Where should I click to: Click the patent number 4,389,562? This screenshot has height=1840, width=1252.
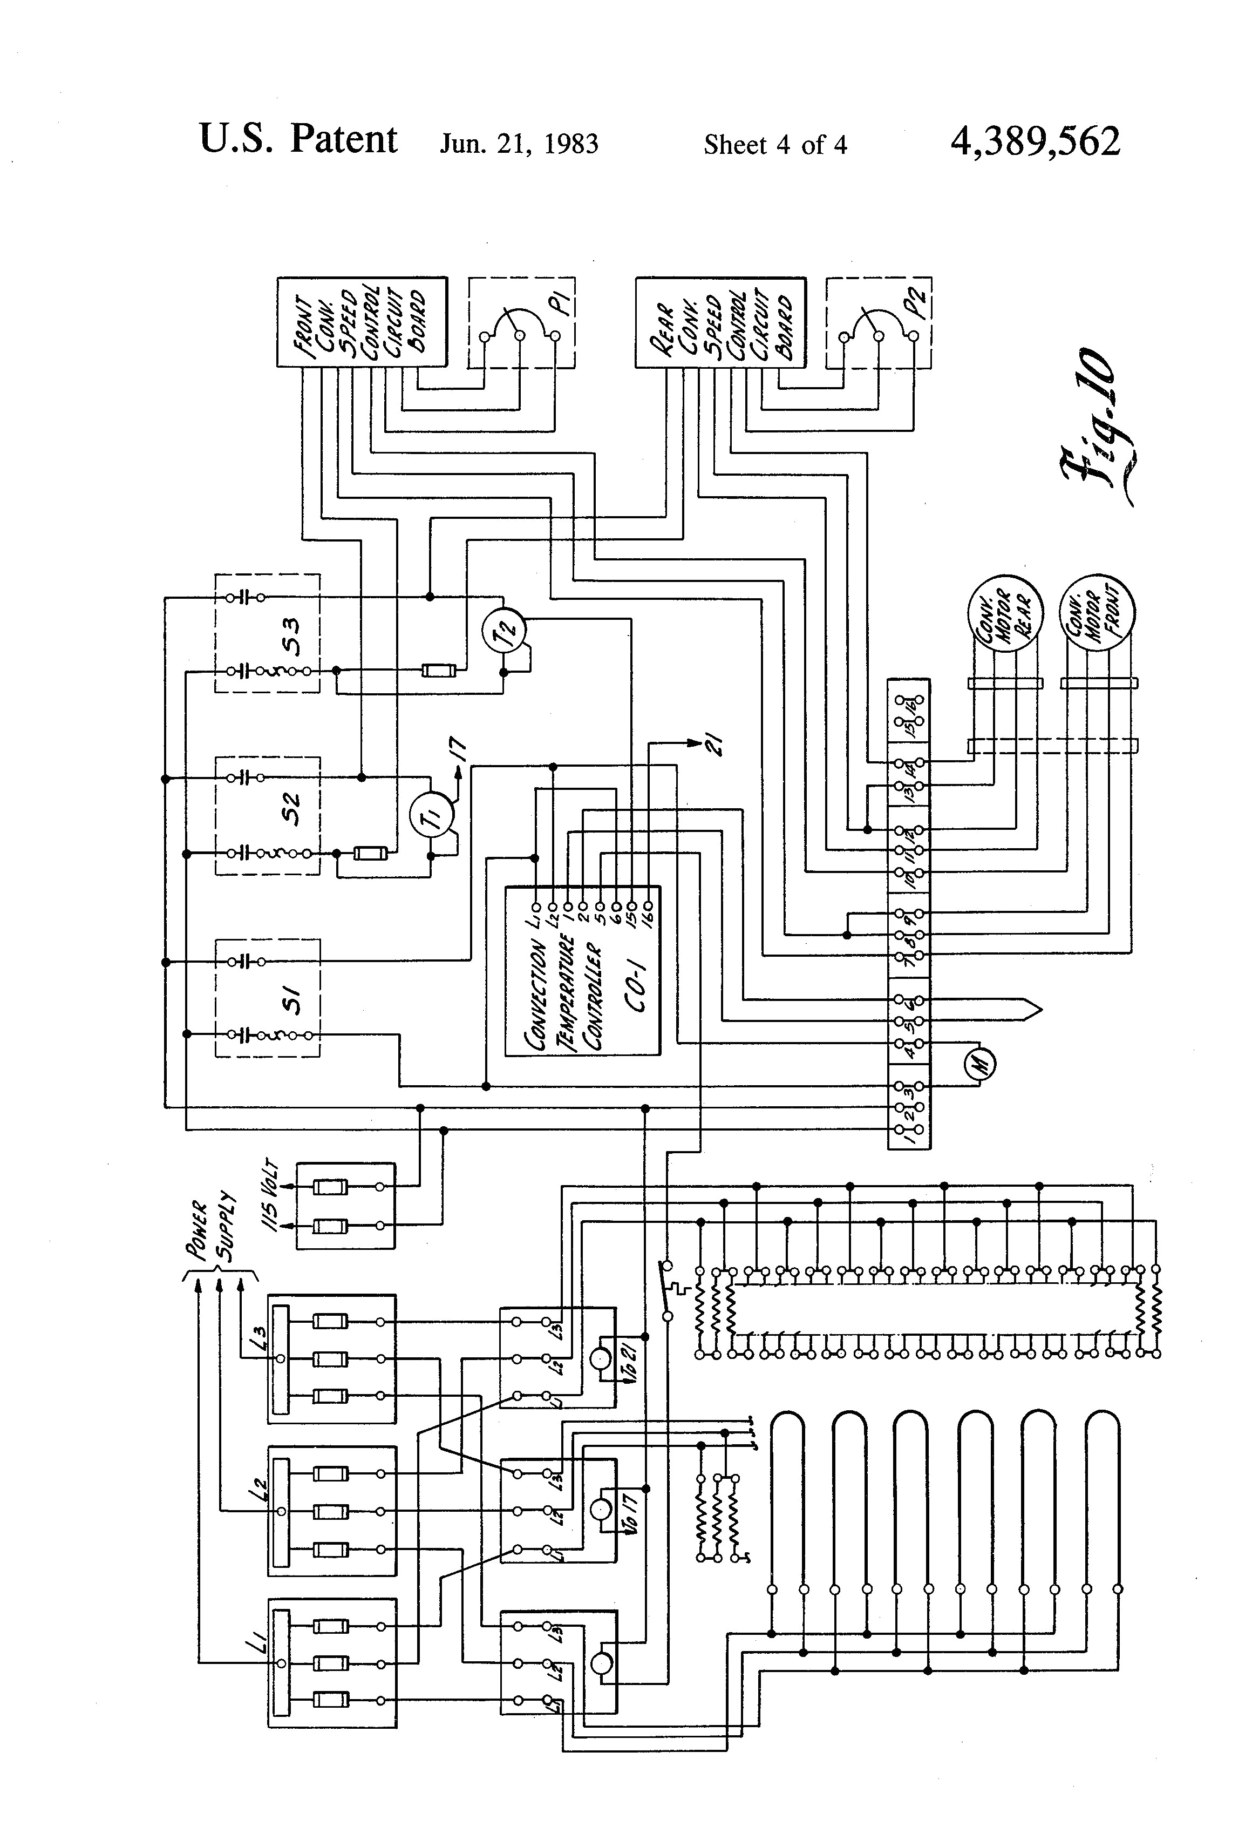(x=1035, y=143)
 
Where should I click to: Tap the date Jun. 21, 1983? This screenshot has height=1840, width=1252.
(x=519, y=144)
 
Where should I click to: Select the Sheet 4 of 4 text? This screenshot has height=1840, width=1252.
(x=775, y=145)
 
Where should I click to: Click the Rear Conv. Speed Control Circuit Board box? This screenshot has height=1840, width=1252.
(x=720, y=322)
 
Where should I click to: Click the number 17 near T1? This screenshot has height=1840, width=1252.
(x=459, y=748)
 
